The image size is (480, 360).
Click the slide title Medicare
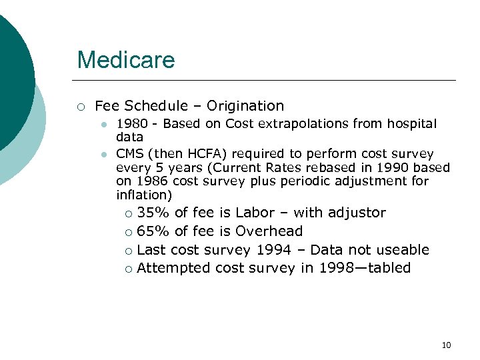point(125,60)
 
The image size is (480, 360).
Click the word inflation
point(142,195)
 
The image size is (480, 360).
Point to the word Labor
point(255,213)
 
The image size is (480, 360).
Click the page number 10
point(446,345)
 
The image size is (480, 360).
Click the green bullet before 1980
point(103,124)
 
